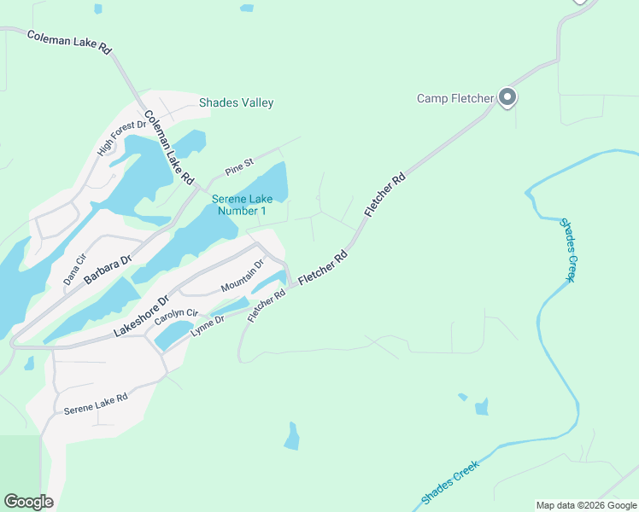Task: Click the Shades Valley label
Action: (x=236, y=103)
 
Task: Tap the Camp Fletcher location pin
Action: (x=507, y=98)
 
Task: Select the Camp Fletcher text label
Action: (x=454, y=98)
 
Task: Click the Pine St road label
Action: (x=239, y=163)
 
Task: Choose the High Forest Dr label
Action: (x=116, y=137)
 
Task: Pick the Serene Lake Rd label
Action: (x=95, y=404)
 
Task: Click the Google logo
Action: (x=28, y=502)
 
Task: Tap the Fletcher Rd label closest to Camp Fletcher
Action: (x=384, y=196)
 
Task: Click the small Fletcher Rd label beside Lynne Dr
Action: (x=266, y=305)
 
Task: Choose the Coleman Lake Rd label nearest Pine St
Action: (x=168, y=148)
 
